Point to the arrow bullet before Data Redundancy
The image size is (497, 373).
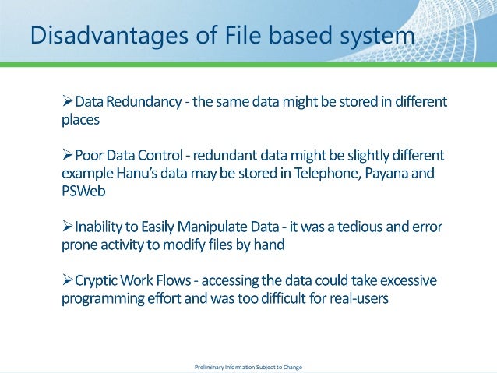[x=67, y=103]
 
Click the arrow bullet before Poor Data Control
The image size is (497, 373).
[x=67, y=155]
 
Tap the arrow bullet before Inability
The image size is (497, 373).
[x=67, y=227]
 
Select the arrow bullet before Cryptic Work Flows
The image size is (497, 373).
[x=67, y=280]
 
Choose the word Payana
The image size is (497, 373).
[x=386, y=174]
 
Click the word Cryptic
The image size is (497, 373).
[x=99, y=280]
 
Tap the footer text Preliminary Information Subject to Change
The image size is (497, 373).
[x=248, y=366]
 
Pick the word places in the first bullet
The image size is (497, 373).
[x=81, y=121]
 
